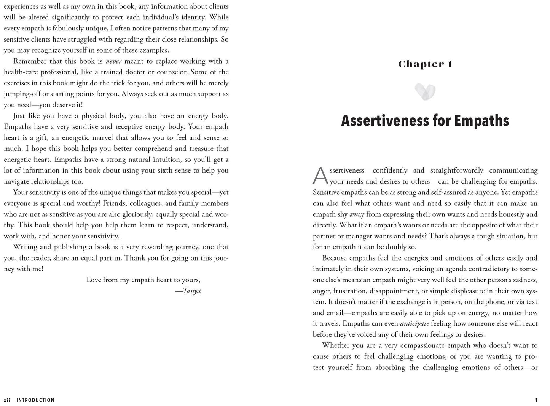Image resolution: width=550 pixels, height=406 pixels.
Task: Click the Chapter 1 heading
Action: pyautogui.click(x=425, y=64)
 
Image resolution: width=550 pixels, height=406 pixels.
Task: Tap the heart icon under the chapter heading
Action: pyautogui.click(x=425, y=92)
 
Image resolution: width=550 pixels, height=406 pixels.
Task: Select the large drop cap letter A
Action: pyautogui.click(x=320, y=176)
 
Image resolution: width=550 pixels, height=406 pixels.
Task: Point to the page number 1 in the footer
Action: pyautogui.click(x=536, y=400)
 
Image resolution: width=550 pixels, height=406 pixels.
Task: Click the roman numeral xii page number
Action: pyautogui.click(x=7, y=400)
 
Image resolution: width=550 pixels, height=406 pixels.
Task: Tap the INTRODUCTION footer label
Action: pyautogui.click(x=35, y=400)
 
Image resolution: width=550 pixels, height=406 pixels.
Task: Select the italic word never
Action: pyautogui.click(x=113, y=61)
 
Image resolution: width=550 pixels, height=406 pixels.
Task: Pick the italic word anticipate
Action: pyautogui.click(x=414, y=324)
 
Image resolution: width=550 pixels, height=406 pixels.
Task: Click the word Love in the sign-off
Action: pyautogui.click(x=94, y=280)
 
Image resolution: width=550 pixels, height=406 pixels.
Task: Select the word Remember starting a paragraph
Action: pyautogui.click(x=30, y=61)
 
